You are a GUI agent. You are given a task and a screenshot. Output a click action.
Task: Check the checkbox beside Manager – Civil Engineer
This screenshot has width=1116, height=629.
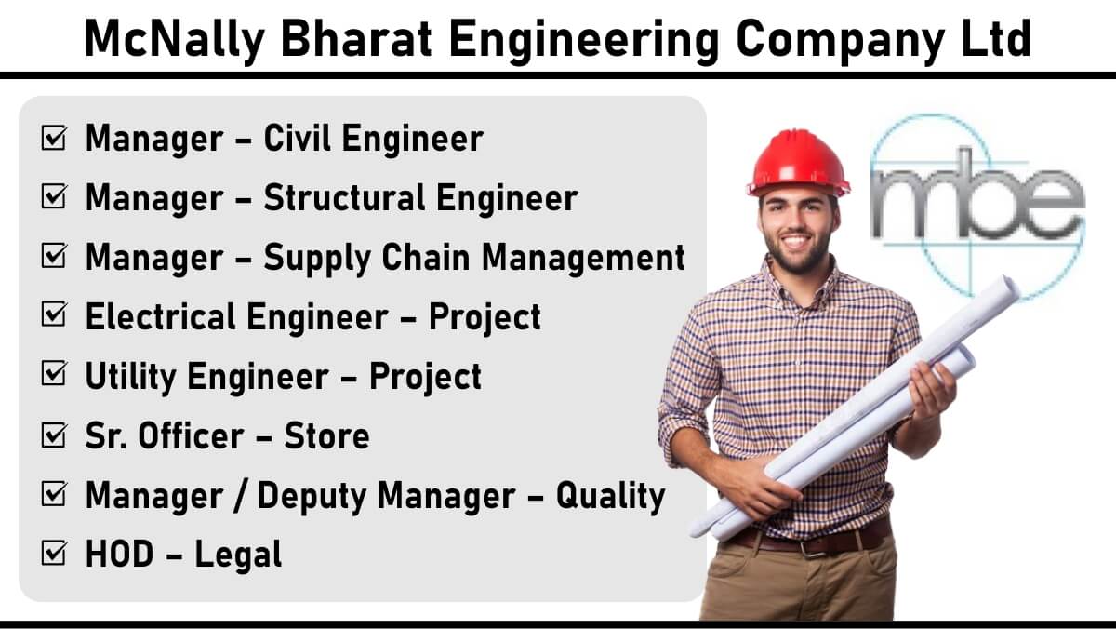(x=54, y=138)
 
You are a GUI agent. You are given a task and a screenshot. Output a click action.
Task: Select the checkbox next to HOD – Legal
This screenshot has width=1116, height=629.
(x=54, y=554)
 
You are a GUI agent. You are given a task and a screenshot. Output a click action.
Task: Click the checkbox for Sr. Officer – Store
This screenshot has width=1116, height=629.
(x=54, y=435)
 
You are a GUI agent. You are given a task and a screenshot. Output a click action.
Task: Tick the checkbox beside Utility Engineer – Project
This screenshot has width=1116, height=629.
(x=54, y=374)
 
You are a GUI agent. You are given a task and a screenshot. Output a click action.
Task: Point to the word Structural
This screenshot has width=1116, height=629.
(x=344, y=198)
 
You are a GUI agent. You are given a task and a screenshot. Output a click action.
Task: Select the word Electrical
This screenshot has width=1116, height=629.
(x=159, y=316)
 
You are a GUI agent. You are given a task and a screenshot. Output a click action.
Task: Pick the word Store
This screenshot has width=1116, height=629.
(x=326, y=436)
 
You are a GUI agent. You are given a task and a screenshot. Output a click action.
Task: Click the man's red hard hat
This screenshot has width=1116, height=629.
(x=798, y=164)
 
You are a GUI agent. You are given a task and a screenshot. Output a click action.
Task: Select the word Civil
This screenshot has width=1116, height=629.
(x=297, y=138)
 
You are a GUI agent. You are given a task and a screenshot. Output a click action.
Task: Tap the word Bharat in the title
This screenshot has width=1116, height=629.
(x=355, y=38)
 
